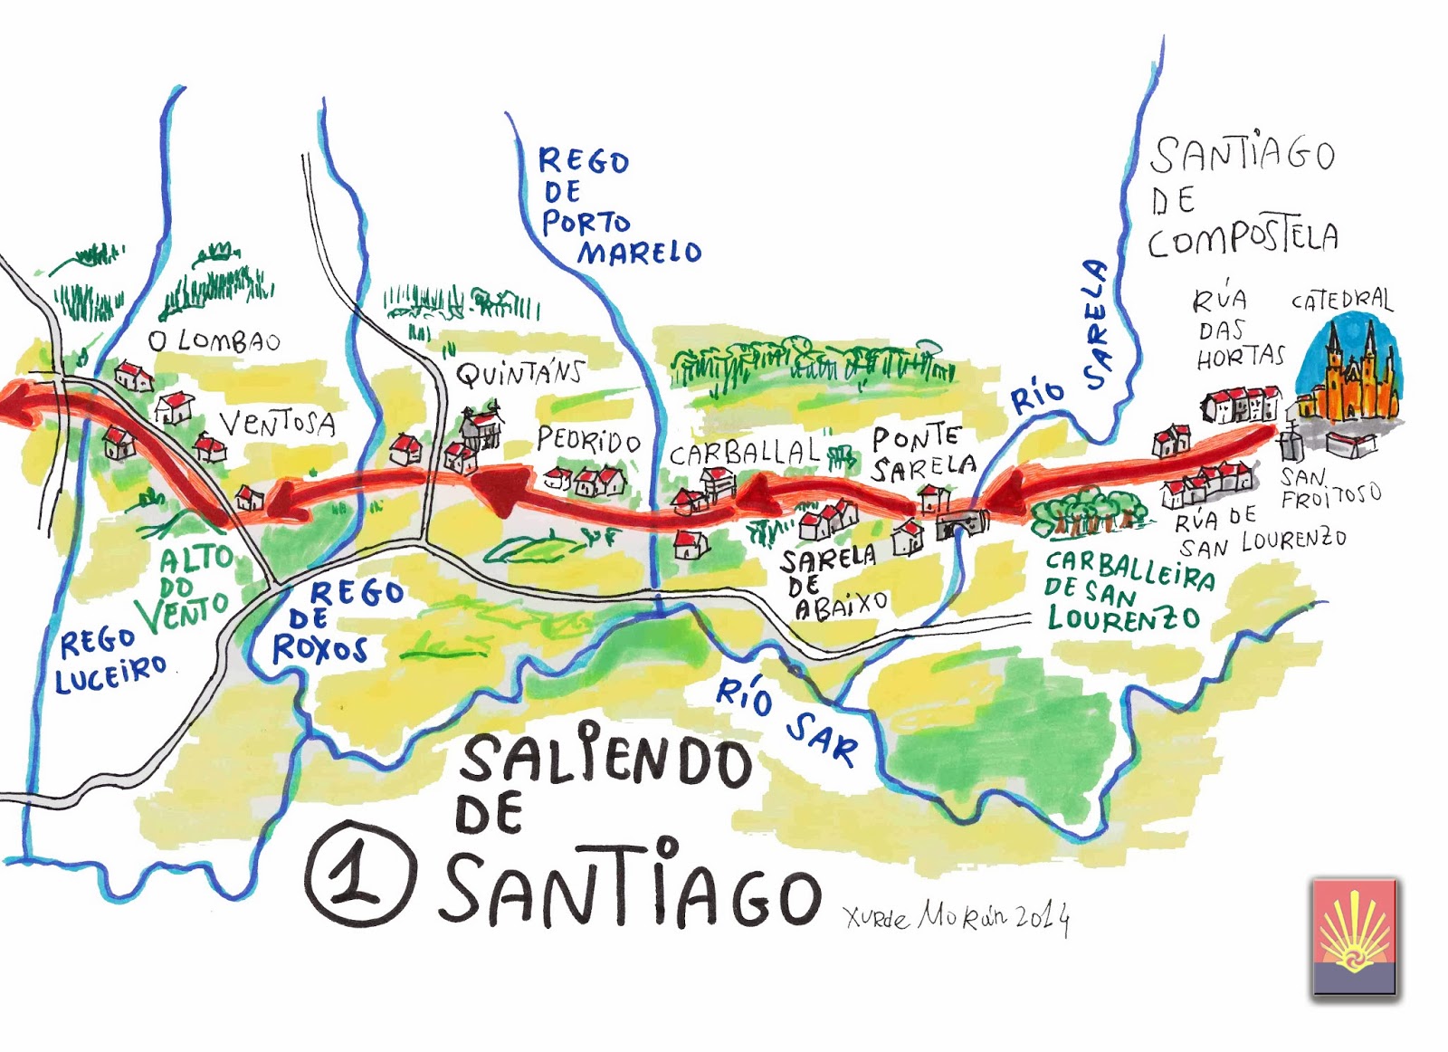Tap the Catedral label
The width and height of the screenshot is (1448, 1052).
click(1341, 301)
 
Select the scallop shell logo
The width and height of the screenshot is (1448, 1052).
click(1354, 935)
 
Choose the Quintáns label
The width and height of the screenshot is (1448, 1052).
click(519, 372)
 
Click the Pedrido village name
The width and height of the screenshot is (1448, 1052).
click(588, 441)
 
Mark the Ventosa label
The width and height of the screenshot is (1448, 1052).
click(278, 423)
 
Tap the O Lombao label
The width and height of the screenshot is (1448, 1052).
click(214, 341)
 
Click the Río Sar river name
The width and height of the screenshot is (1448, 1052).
click(786, 720)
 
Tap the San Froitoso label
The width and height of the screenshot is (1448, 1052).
click(1329, 488)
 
